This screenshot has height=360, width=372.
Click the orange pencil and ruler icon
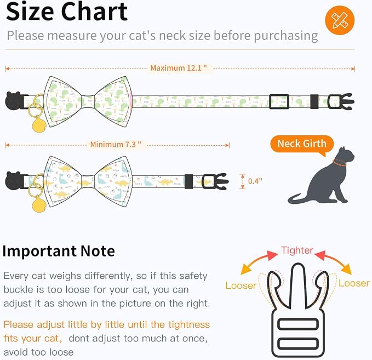point(340,20)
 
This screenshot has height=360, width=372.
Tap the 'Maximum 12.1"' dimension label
point(179,68)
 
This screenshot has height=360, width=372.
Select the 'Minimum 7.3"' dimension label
point(116,144)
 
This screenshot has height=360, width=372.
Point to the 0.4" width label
point(255,181)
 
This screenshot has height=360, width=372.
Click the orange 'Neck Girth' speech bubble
point(302,144)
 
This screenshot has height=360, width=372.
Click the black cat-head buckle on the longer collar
point(15,101)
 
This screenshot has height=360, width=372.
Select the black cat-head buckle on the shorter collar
point(15,181)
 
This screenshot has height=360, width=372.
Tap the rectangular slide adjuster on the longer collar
point(279,101)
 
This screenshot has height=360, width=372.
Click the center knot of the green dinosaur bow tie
point(88,101)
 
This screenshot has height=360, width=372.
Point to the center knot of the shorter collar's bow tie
point(88,181)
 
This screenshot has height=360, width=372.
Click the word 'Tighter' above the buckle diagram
point(297,250)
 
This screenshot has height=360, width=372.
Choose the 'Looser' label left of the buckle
point(241,285)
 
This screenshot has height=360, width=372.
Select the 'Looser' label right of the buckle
point(354,283)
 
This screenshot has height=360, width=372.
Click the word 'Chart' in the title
point(94,12)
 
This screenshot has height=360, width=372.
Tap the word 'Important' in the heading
point(39,252)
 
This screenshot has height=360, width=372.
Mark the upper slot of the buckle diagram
point(297,324)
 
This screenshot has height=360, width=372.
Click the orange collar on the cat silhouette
point(339,163)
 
